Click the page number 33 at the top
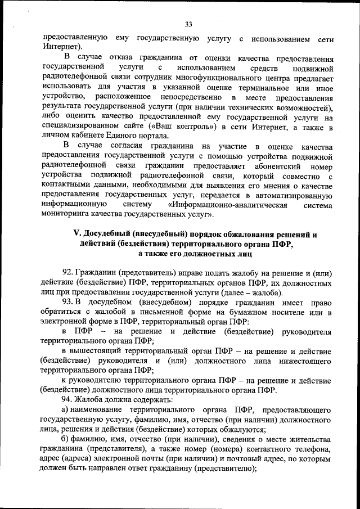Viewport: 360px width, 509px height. click(188, 24)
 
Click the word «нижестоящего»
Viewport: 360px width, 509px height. click(295, 361)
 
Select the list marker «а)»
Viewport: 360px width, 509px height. click(65, 410)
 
